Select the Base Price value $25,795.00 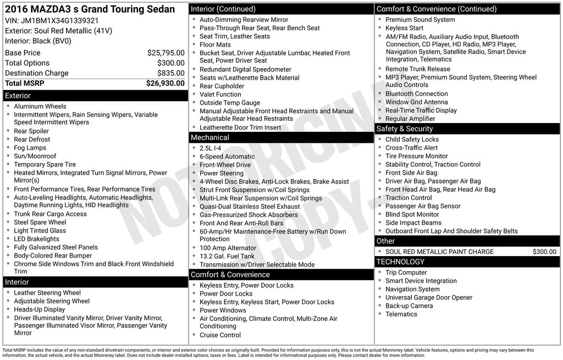tap(165, 53)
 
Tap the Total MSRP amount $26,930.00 tap(165, 83)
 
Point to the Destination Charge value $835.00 tap(170, 73)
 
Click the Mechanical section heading tap(209, 137)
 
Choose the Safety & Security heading tap(405, 129)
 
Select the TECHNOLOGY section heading tap(400, 262)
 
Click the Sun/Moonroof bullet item tap(35, 156)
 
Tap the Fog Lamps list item tap(30, 148)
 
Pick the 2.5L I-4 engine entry tap(211, 148)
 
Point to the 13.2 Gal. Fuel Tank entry tap(227, 256)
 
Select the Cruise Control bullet tap(220, 335)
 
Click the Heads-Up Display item tap(40, 309)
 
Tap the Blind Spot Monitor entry tap(412, 214)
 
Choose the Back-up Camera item tap(409, 306)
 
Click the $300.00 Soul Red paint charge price tap(544, 252)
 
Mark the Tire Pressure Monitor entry tap(417, 156)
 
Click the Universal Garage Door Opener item tap(429, 297)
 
